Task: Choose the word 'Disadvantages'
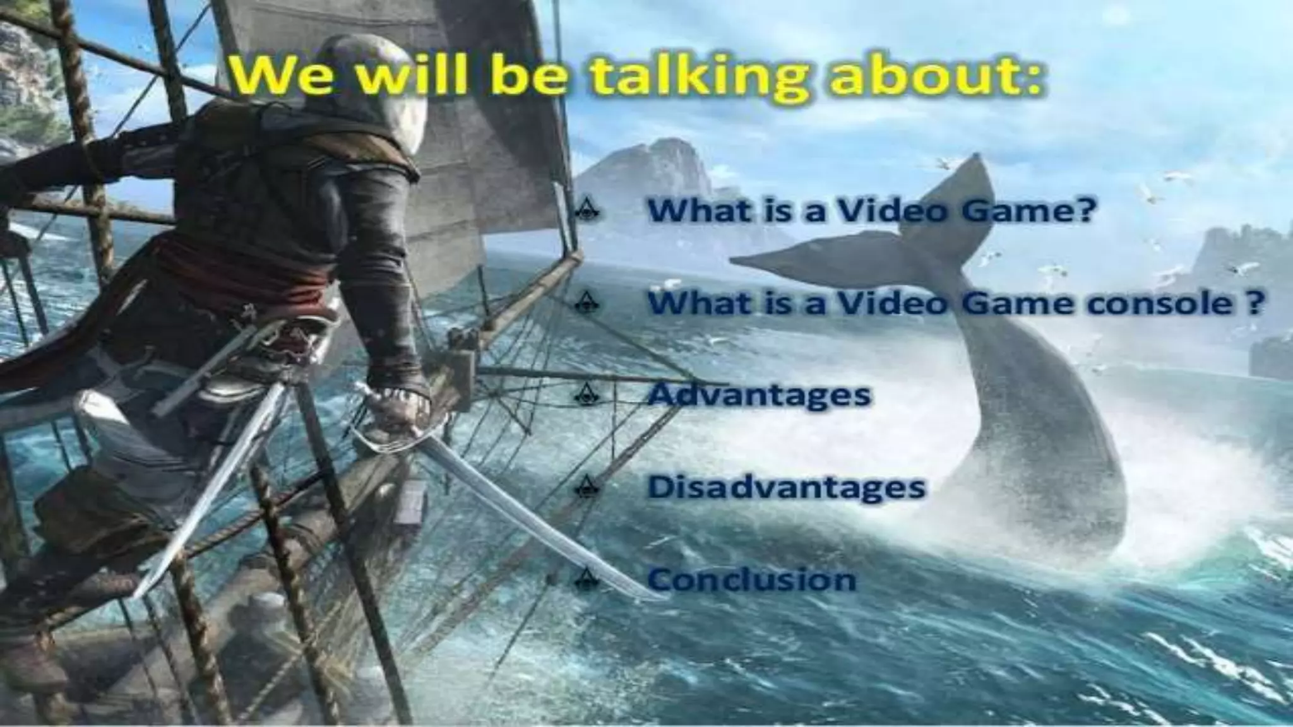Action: [787, 487]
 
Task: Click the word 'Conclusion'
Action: [751, 579]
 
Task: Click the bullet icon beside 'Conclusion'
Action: [587, 578]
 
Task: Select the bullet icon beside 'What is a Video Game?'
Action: [587, 210]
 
